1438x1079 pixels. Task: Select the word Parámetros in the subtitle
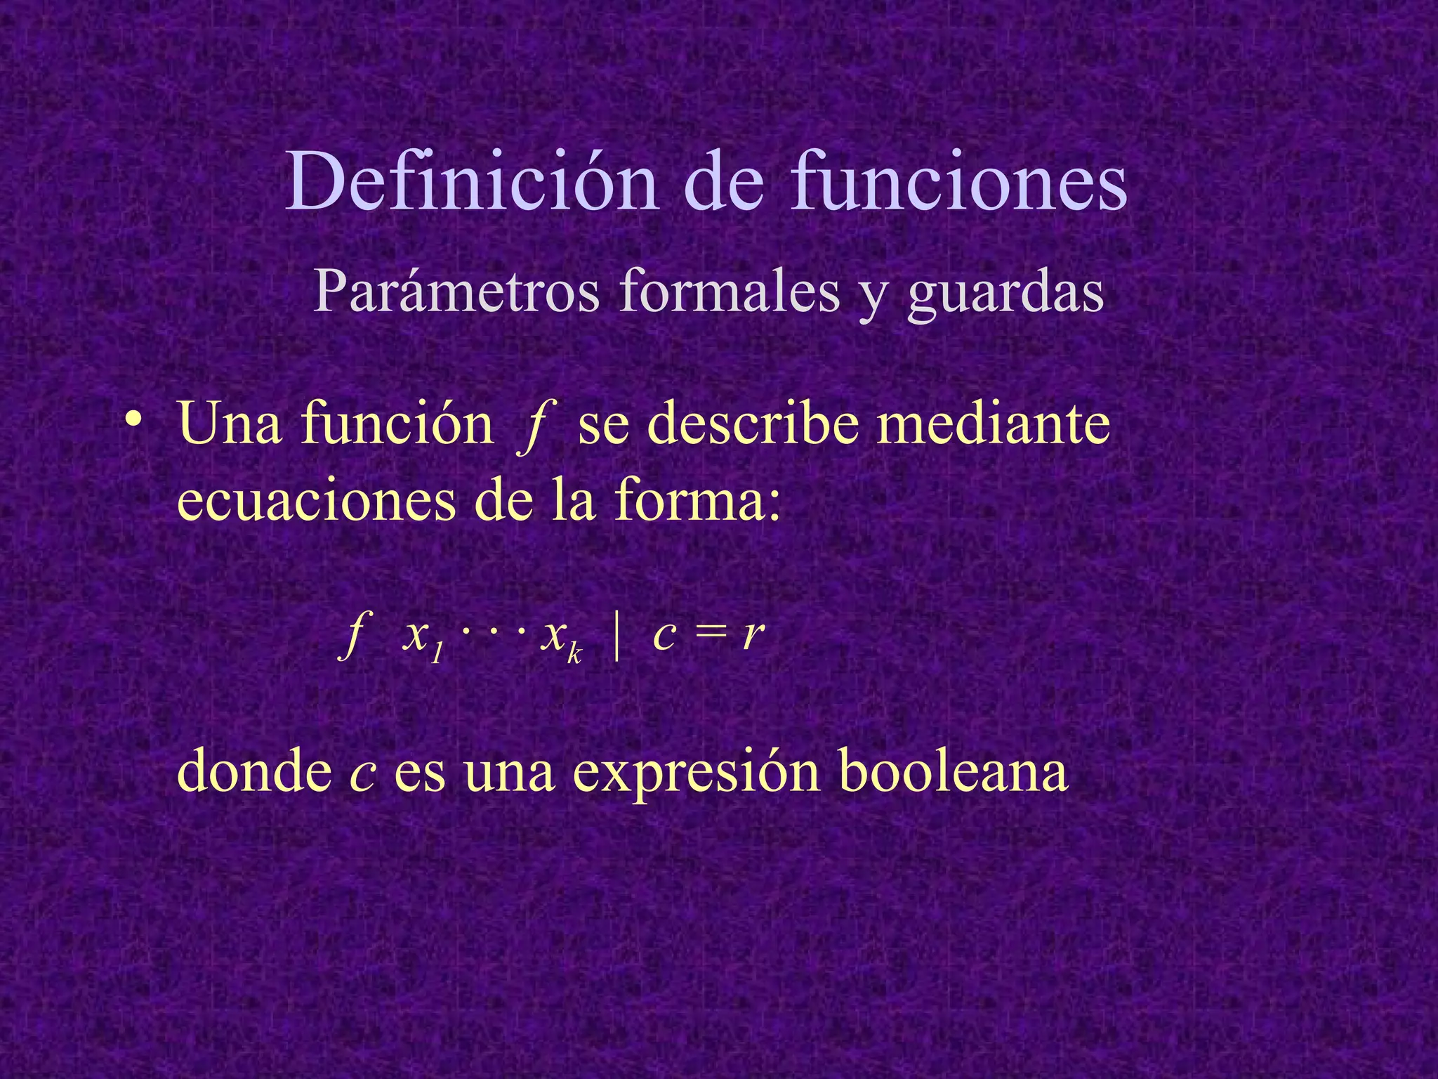click(456, 292)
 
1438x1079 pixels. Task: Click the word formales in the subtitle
click(730, 291)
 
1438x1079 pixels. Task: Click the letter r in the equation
click(753, 636)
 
